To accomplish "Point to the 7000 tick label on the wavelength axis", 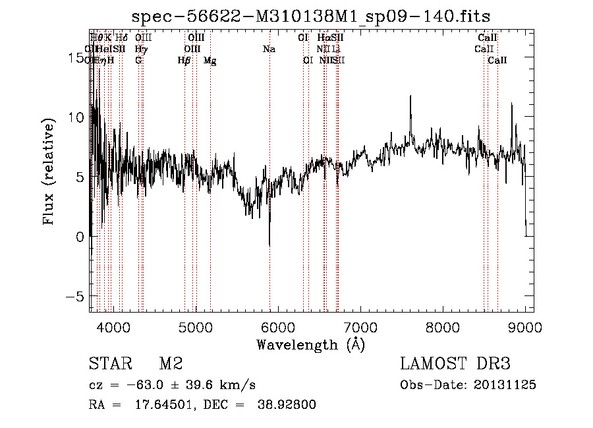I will point(360,327).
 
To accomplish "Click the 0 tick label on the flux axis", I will point(80,237).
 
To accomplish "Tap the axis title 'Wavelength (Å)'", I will point(310,344).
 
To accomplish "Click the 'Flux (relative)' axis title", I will point(49,173).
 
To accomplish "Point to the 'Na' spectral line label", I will point(269,49).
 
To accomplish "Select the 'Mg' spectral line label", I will point(210,61).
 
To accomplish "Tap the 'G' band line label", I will point(138,61).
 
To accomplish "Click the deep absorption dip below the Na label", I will point(269,244).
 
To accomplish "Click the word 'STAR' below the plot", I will point(109,364).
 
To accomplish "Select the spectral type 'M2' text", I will point(170,364).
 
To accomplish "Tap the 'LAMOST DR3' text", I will point(455,364).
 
